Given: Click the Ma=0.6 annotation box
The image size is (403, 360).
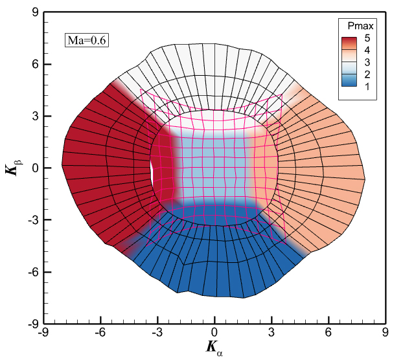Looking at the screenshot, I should [x=86, y=41].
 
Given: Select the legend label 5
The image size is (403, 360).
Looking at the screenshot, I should [x=367, y=38].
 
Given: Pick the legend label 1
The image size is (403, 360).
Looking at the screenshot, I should [x=367, y=87].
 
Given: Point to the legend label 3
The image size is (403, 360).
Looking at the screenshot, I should [x=367, y=63].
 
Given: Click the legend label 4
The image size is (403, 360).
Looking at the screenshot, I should [x=367, y=51].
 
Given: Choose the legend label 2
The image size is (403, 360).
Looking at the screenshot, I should [x=367, y=75].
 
